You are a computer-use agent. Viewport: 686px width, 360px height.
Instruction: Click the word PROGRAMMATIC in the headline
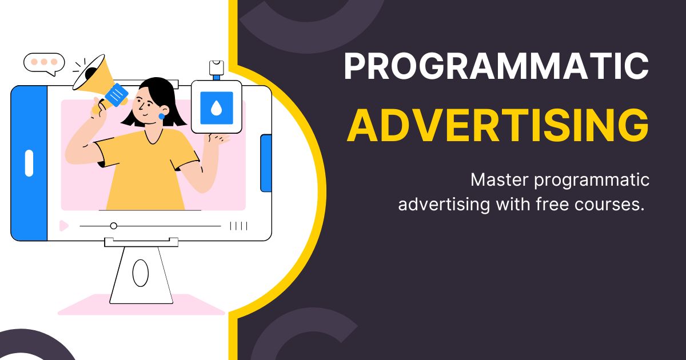point(496,67)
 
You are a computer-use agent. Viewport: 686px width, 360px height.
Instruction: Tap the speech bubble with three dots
point(44,62)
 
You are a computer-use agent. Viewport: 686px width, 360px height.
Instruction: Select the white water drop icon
point(216,108)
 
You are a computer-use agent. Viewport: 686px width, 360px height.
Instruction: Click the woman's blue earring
point(161,117)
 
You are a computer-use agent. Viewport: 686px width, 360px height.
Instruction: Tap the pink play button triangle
point(63,226)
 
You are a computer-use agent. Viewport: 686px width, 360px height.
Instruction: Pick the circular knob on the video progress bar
point(113,226)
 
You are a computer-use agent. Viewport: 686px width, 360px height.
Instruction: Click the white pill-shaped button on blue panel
point(29,163)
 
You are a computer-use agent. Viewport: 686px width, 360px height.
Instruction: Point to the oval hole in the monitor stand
point(140,273)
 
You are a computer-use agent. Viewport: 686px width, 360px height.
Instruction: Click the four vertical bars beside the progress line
point(238,226)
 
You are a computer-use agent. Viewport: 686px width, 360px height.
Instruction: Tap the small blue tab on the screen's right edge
point(266,163)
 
